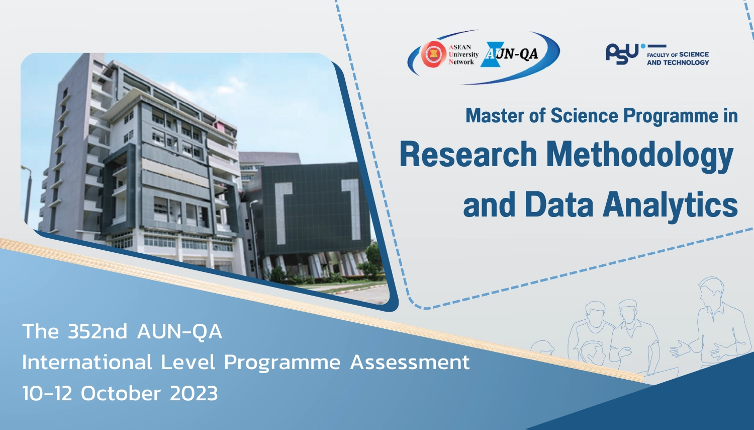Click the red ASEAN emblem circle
click(x=434, y=54)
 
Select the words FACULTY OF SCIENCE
click(x=678, y=55)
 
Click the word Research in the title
click(x=468, y=155)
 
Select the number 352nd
click(x=98, y=331)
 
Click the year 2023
click(x=194, y=393)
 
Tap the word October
click(x=121, y=393)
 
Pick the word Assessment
click(x=410, y=363)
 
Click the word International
click(x=87, y=362)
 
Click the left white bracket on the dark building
click(x=282, y=213)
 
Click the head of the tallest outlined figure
click(x=711, y=291)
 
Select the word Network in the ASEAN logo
click(x=461, y=62)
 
